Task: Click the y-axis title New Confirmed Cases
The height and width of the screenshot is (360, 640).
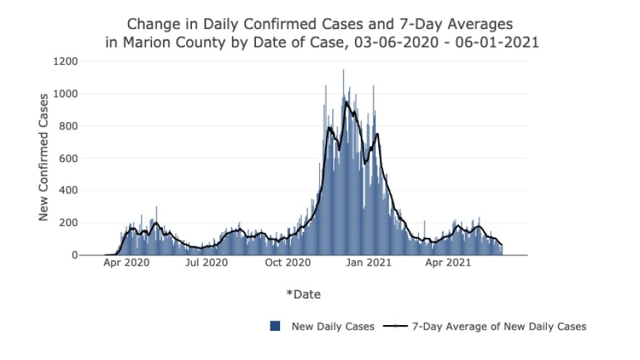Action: [44, 156]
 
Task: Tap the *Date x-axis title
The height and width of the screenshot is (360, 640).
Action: [303, 295]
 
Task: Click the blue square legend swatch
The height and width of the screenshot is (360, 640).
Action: [275, 327]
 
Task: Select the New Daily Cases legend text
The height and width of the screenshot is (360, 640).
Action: [333, 327]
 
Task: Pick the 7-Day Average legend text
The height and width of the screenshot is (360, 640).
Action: [499, 327]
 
